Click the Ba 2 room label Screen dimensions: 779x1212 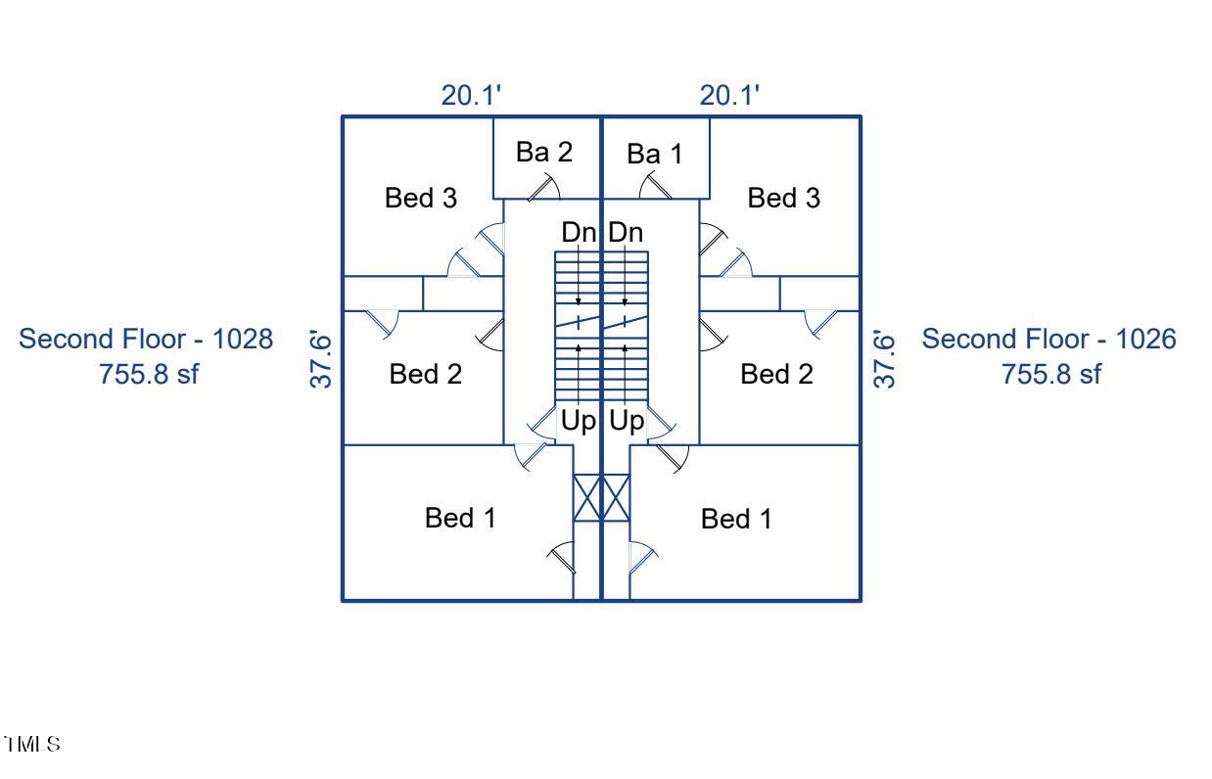pyautogui.click(x=544, y=153)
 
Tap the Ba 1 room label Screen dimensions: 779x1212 pyautogui.click(x=654, y=154)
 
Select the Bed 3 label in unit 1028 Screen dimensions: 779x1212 pyautogui.click(x=421, y=199)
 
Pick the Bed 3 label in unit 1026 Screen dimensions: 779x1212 pyautogui.click(x=784, y=199)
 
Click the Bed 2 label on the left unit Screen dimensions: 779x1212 pyautogui.click(x=426, y=374)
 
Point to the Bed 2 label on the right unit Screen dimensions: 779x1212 pyautogui.click(x=776, y=374)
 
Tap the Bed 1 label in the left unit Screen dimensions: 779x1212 pyautogui.click(x=460, y=518)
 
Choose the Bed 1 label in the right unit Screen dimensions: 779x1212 pyautogui.click(x=736, y=520)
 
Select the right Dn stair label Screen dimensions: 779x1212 pyautogui.click(x=626, y=234)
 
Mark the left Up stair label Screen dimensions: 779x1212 pyautogui.click(x=578, y=422)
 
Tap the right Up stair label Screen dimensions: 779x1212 pyautogui.click(x=627, y=422)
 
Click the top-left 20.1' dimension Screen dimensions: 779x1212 pyautogui.click(x=472, y=96)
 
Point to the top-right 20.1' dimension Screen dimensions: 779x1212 pyautogui.click(x=730, y=96)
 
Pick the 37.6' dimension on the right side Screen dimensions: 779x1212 pyautogui.click(x=884, y=358)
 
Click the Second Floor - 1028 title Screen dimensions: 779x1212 pyautogui.click(x=147, y=340)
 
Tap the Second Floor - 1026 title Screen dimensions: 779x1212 pyautogui.click(x=1049, y=340)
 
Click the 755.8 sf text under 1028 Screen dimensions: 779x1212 pyautogui.click(x=149, y=374)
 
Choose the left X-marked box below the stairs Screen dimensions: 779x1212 pyautogui.click(x=586, y=498)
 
